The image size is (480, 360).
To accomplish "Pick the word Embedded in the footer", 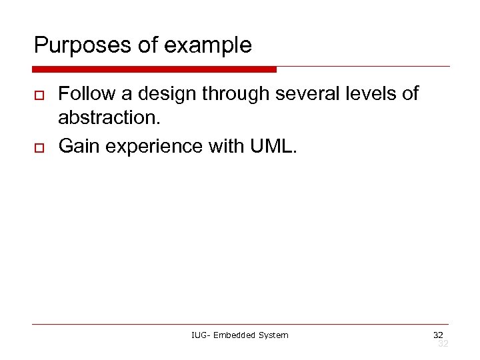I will [237, 335].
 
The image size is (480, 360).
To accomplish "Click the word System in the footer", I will [274, 335].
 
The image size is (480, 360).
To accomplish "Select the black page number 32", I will [438, 334].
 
